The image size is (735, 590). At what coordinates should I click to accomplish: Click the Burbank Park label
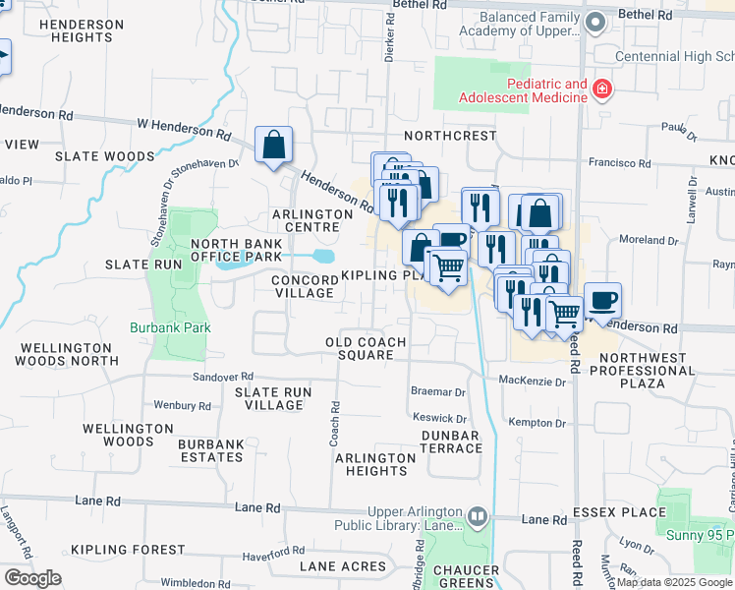[171, 327]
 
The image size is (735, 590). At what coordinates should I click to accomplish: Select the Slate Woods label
[105, 156]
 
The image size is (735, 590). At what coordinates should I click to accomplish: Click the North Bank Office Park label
[236, 250]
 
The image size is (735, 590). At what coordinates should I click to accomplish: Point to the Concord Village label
[304, 286]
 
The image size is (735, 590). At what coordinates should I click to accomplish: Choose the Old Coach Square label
[366, 348]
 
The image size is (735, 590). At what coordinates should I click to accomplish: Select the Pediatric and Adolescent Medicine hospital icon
[601, 92]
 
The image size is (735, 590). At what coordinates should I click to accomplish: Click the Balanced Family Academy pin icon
[594, 21]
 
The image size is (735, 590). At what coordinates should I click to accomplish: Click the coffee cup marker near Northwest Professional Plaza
[602, 300]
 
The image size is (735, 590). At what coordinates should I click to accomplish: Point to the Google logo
[32, 578]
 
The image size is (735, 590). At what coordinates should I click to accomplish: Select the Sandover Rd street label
[223, 377]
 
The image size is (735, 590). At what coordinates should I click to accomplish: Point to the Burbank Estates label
[211, 450]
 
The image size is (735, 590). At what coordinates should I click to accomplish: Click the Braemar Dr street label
[438, 391]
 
